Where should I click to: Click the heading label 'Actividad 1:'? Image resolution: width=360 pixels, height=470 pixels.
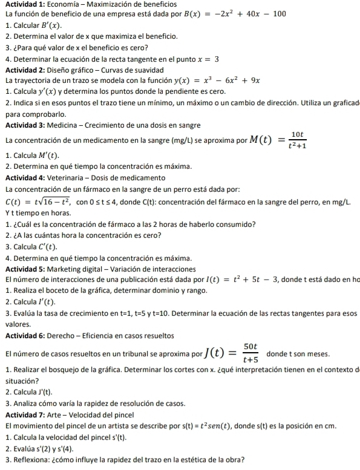click(24, 5)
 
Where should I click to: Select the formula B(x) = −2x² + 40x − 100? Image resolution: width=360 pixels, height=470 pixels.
click(234, 13)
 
